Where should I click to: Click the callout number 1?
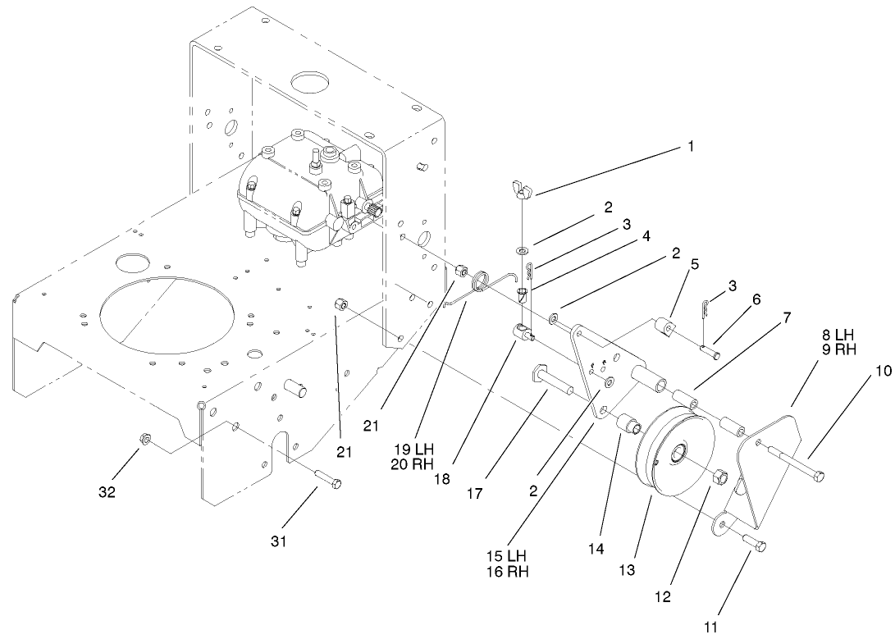690,148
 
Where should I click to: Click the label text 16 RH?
505,572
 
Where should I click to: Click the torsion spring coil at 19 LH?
482,285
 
